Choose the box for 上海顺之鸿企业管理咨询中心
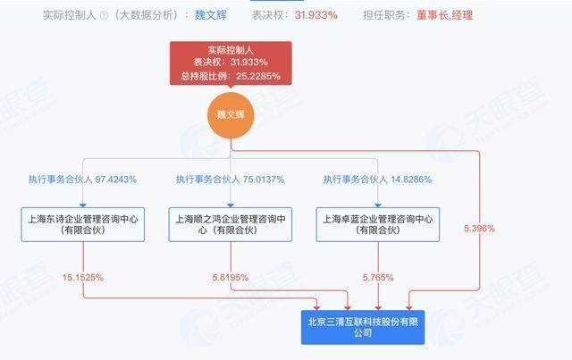point(231,224)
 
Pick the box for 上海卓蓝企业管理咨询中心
point(379,224)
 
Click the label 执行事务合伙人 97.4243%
point(82,179)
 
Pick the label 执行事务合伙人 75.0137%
point(230,179)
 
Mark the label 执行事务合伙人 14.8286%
point(378,179)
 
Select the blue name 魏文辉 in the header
point(213,15)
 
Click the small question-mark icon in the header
point(104,15)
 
